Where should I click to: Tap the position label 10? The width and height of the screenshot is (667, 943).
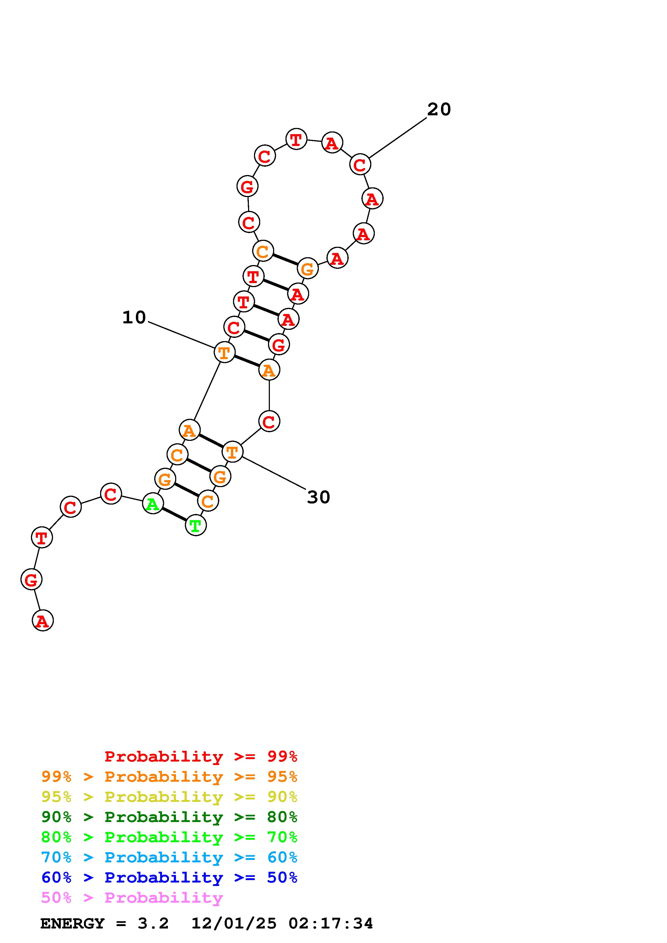coord(134,317)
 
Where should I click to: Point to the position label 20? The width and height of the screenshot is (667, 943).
coord(439,109)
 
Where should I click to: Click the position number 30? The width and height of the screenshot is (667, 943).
coord(319,497)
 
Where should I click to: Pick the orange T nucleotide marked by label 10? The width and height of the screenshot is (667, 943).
coord(224,352)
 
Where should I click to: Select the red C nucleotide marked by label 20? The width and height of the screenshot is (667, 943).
coord(360,164)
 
